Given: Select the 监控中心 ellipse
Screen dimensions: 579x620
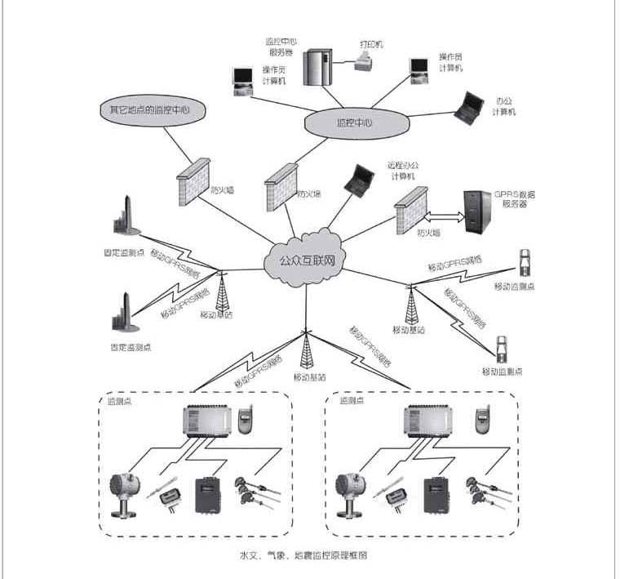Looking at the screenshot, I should point(354,123).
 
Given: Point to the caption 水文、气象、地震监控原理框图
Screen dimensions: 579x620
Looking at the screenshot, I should point(303,555).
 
